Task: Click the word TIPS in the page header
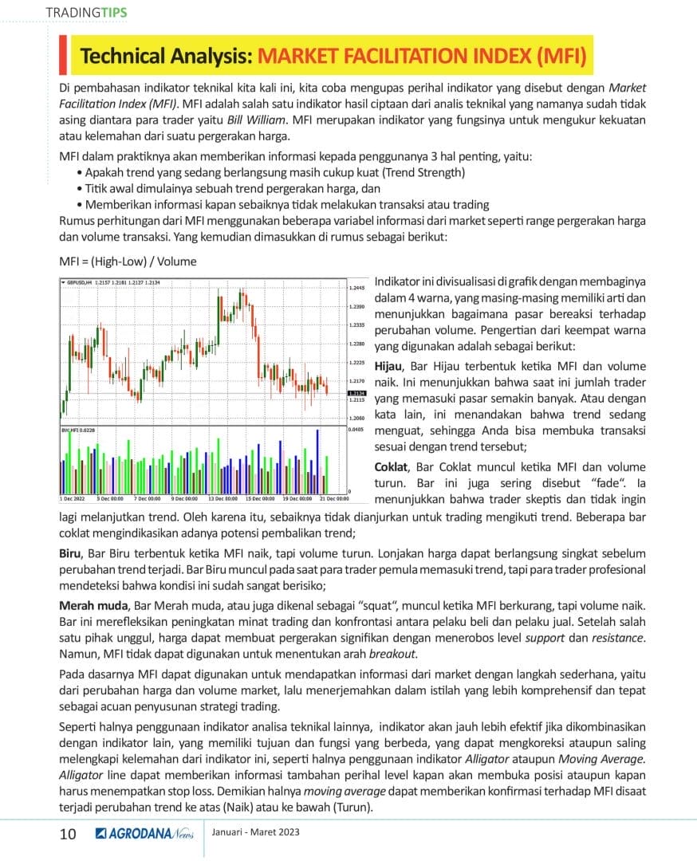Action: (x=113, y=13)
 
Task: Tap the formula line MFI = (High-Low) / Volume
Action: (x=128, y=261)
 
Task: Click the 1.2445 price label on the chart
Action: (x=356, y=287)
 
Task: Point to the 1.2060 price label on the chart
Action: (x=356, y=418)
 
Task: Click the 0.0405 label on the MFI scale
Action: (x=356, y=429)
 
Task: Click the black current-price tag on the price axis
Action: (x=356, y=393)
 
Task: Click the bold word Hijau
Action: (x=390, y=366)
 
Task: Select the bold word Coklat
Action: (x=392, y=467)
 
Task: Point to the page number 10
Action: (x=68, y=834)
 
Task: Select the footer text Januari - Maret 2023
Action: (x=256, y=832)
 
